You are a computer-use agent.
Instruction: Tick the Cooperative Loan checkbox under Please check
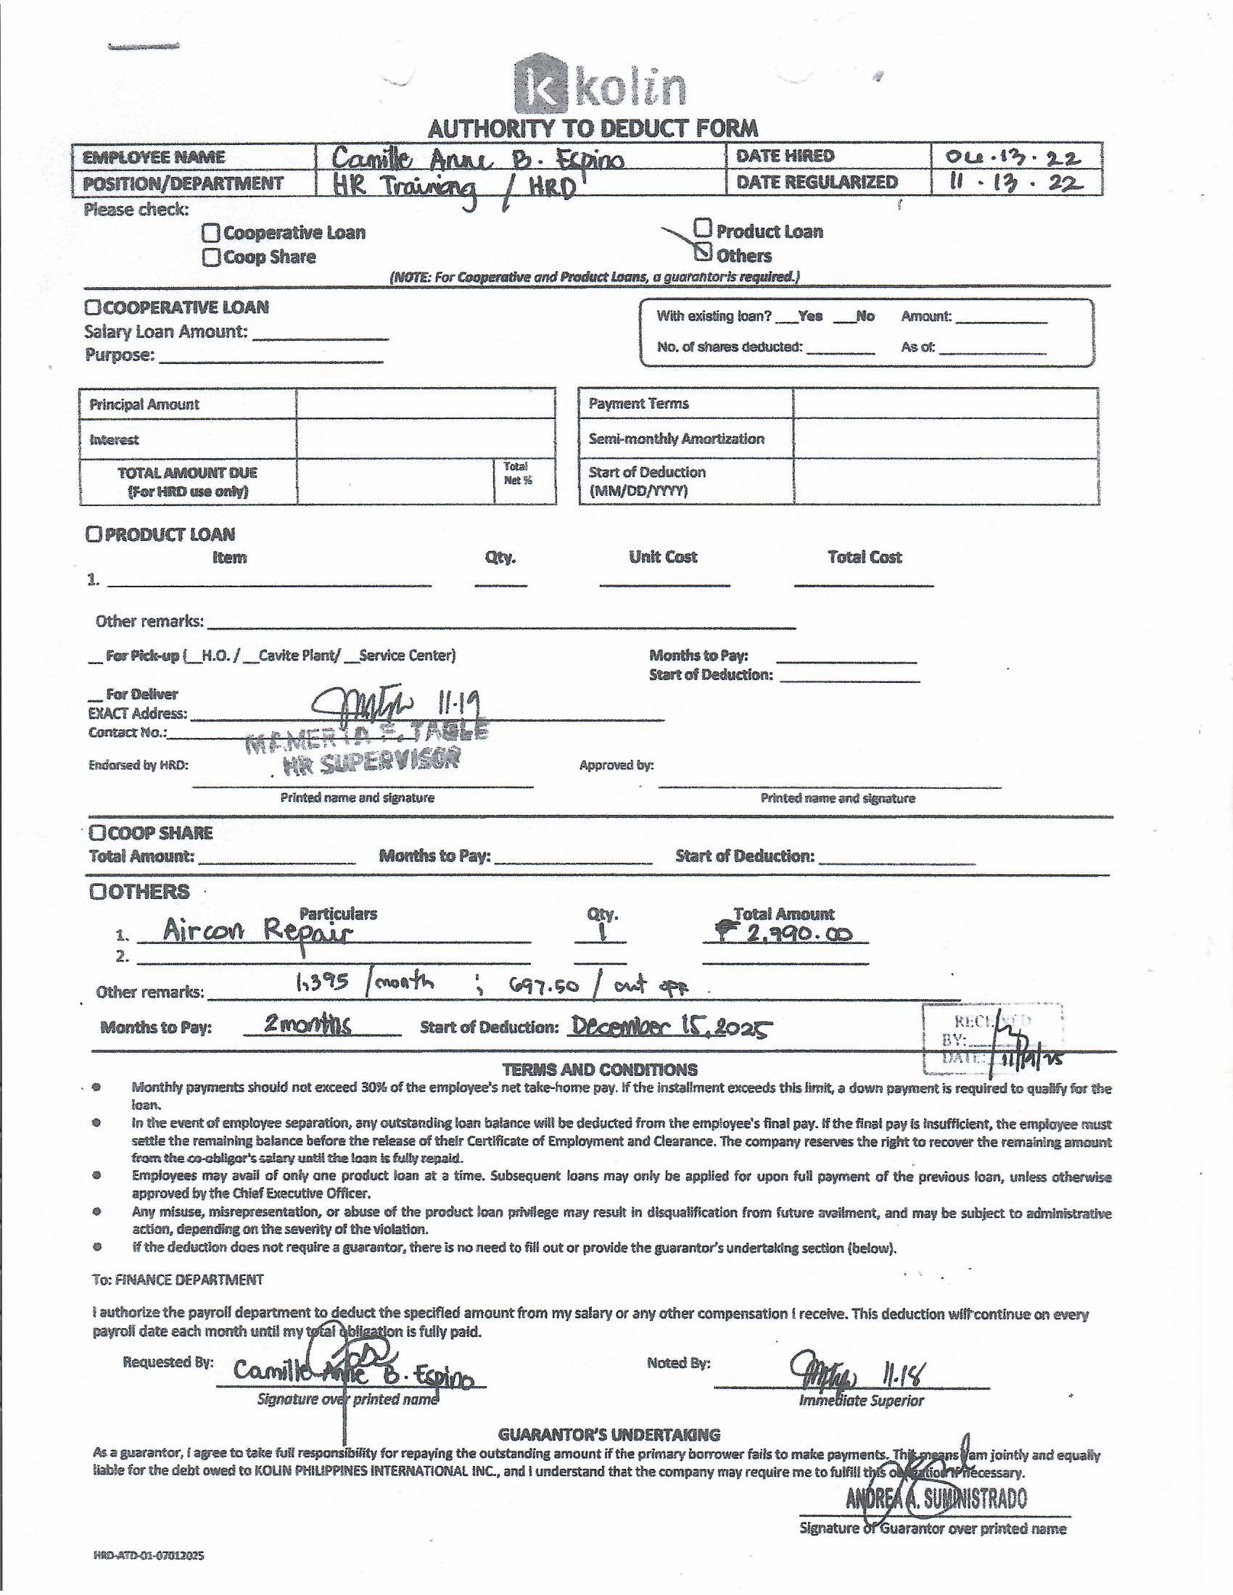[211, 233]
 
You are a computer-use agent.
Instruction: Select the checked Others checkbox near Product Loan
[703, 252]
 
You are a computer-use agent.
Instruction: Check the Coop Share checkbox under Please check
[211, 257]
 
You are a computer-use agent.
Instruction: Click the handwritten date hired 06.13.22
[1013, 157]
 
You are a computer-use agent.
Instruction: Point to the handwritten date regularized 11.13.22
[1015, 183]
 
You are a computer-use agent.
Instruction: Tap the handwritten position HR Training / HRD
[453, 187]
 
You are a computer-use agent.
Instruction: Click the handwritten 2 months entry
[307, 1024]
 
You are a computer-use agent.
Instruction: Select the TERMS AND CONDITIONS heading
[600, 1070]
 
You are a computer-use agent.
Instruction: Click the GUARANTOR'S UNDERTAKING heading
[609, 1434]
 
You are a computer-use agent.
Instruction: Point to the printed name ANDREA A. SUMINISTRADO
[936, 1499]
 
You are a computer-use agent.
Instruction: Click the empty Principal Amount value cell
[425, 404]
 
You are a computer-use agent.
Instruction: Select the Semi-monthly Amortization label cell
[685, 439]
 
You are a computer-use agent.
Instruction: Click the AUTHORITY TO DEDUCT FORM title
[593, 129]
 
